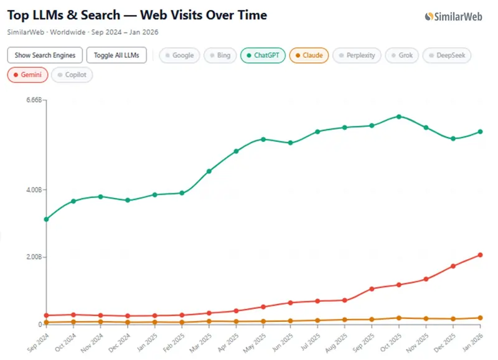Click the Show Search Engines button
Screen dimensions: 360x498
(45, 55)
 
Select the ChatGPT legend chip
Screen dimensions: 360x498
(263, 55)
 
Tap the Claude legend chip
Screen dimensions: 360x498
(309, 55)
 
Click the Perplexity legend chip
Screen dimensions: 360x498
(357, 55)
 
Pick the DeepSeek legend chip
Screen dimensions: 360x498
(447, 55)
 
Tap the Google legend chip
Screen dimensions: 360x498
(179, 55)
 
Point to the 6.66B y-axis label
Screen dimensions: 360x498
(32, 100)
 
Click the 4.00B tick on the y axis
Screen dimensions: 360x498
(32, 190)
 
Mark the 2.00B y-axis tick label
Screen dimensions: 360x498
(32, 257)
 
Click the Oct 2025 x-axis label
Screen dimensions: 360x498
(389, 341)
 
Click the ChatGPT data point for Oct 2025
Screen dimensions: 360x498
(398, 116)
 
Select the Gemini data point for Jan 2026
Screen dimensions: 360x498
(480, 255)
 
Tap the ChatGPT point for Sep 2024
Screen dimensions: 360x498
(46, 219)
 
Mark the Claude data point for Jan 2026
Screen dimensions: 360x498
(480, 318)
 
